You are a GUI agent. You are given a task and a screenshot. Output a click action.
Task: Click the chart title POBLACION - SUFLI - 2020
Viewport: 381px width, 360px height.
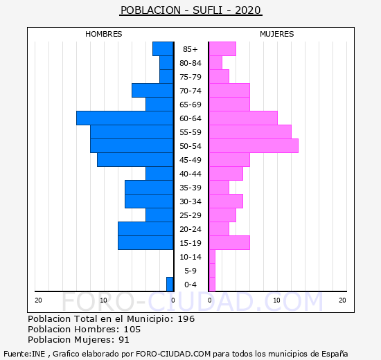(x=190, y=10)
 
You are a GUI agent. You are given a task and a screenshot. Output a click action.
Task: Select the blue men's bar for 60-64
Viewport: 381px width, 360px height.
(x=125, y=118)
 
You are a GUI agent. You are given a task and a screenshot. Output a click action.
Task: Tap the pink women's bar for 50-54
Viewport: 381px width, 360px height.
(x=254, y=146)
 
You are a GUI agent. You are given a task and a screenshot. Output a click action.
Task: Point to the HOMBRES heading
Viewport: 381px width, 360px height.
(x=103, y=34)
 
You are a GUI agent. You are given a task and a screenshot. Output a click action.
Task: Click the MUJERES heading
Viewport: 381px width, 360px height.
(x=277, y=34)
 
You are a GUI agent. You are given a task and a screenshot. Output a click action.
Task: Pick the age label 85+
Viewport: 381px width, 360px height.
(x=190, y=49)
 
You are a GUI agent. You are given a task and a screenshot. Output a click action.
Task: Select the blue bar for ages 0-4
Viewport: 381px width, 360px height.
(x=170, y=285)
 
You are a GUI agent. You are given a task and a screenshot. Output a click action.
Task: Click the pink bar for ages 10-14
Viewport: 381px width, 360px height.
(x=212, y=257)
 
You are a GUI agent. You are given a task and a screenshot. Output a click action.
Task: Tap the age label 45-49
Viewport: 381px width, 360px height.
(x=190, y=160)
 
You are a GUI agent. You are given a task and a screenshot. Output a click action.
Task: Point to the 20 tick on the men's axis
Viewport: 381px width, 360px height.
(x=38, y=300)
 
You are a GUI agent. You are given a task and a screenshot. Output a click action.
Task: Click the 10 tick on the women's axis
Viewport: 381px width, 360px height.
(x=277, y=300)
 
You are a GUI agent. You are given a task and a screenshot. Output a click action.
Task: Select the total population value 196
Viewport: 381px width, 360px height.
(x=186, y=319)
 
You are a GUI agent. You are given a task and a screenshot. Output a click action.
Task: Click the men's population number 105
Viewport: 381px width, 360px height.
(x=132, y=330)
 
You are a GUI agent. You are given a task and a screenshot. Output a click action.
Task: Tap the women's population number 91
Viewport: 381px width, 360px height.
(x=124, y=340)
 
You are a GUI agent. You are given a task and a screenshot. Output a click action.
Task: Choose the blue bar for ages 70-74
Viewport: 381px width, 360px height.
(x=152, y=91)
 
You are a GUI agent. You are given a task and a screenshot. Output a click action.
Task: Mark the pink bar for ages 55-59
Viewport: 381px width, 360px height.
(x=250, y=132)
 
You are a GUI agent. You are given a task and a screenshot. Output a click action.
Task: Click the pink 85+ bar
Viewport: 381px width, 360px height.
(x=222, y=49)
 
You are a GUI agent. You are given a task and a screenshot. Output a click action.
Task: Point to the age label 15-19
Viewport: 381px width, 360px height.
(x=190, y=243)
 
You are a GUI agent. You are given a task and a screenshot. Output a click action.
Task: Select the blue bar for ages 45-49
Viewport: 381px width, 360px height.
(x=135, y=160)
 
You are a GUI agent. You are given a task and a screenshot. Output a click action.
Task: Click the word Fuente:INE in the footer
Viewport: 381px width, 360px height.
(x=24, y=354)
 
